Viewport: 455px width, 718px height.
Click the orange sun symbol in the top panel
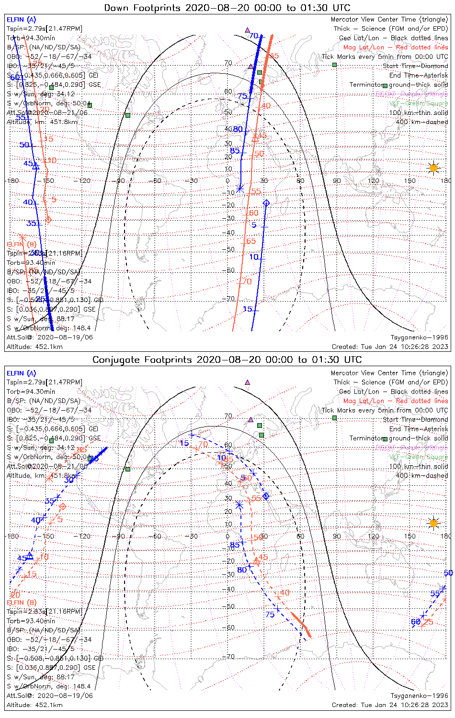click(x=433, y=168)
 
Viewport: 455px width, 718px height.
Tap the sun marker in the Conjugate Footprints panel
click(x=433, y=523)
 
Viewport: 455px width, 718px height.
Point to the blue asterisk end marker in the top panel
click(x=240, y=189)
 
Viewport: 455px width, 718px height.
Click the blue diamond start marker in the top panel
click(x=266, y=203)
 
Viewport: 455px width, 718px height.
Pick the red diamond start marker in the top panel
click(x=48, y=220)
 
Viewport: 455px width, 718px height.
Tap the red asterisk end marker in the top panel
click(x=21, y=237)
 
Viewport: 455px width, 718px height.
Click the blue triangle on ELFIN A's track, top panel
click(x=35, y=166)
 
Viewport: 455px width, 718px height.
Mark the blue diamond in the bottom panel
click(x=266, y=495)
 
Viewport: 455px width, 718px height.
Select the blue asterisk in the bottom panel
click(x=239, y=505)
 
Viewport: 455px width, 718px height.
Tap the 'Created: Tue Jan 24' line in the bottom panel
click(x=390, y=705)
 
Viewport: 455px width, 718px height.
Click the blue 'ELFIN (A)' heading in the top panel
click(x=21, y=20)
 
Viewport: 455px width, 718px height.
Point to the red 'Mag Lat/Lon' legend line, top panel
click(x=396, y=47)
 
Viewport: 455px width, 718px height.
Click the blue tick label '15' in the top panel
click(x=248, y=309)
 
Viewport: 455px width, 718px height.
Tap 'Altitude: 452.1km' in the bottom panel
click(x=34, y=705)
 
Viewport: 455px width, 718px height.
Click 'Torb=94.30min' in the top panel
click(x=31, y=38)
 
